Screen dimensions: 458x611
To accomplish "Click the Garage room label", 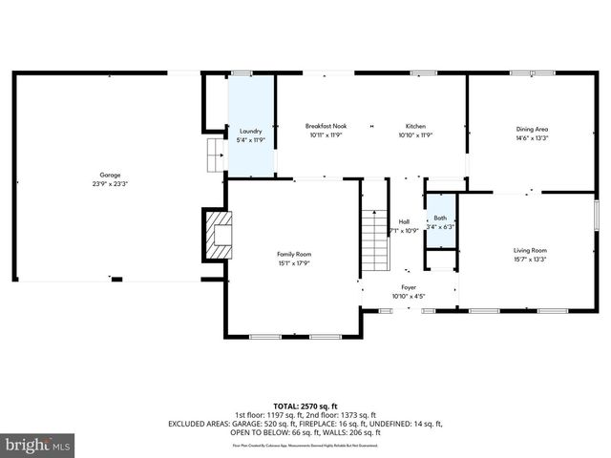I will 111,175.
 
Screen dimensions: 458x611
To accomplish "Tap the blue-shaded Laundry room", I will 250,124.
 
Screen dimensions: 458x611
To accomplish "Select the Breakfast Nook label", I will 325,126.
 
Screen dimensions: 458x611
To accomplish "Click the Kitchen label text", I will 415,126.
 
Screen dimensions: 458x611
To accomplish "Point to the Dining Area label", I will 532,128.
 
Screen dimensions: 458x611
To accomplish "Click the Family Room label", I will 294,254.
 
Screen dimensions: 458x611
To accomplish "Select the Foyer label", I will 409,286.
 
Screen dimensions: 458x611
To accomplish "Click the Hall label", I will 404,221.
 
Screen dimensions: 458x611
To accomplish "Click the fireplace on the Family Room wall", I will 219,234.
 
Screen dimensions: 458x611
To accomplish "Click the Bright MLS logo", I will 38,444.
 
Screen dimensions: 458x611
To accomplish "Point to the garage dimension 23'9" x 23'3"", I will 111,183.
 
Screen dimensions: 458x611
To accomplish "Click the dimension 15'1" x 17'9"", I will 294,263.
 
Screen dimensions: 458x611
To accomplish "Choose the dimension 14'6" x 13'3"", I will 532,136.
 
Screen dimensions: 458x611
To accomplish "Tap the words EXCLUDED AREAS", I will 198,423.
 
